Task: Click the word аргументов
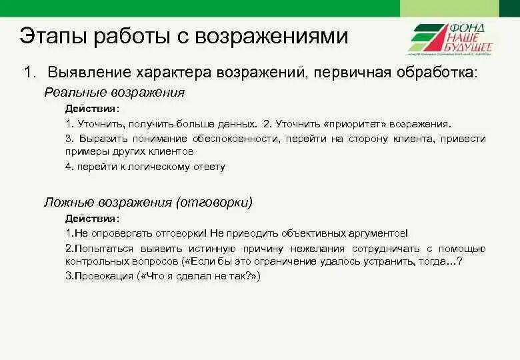pos(377,233)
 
